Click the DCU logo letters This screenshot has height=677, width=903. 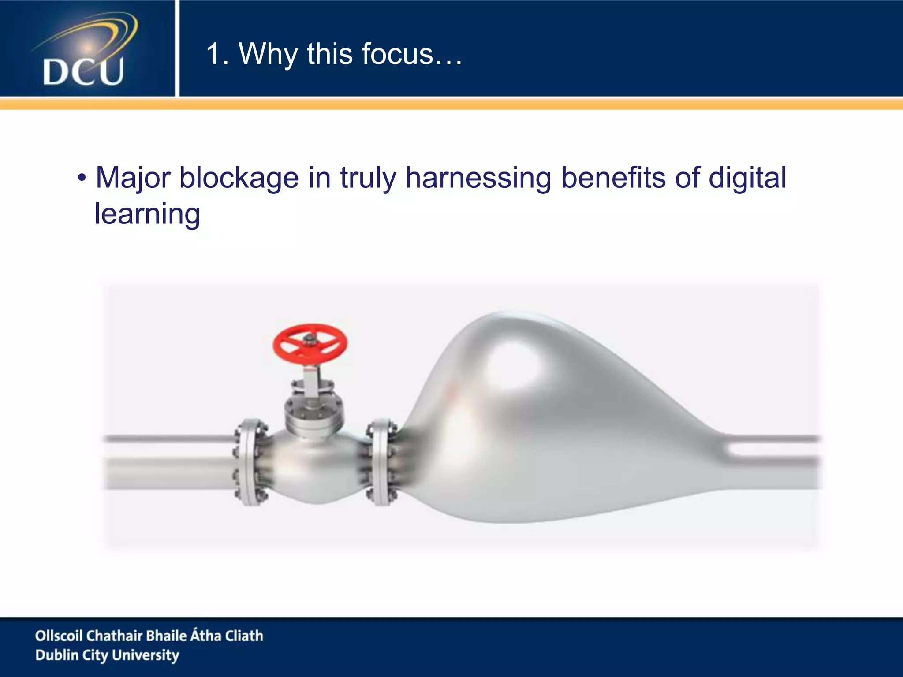click(x=83, y=71)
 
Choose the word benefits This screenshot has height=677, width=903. click(x=613, y=178)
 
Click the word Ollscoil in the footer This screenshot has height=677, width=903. click(x=58, y=636)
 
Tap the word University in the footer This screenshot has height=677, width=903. click(x=146, y=655)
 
